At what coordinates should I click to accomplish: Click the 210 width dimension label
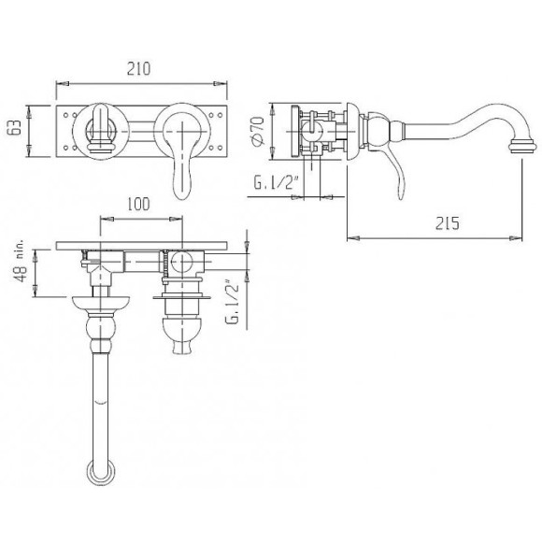pyautogui.click(x=139, y=68)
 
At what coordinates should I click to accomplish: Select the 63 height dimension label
pyautogui.click(x=16, y=127)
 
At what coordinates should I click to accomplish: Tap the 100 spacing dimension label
pyautogui.click(x=138, y=204)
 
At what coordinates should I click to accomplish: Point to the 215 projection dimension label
pyautogui.click(x=448, y=223)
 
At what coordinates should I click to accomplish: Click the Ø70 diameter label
pyautogui.click(x=258, y=131)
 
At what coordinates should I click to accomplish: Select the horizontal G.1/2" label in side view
pyautogui.click(x=276, y=182)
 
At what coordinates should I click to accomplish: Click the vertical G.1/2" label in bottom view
pyautogui.click(x=233, y=298)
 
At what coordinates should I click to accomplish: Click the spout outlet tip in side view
pyautogui.click(x=523, y=145)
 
